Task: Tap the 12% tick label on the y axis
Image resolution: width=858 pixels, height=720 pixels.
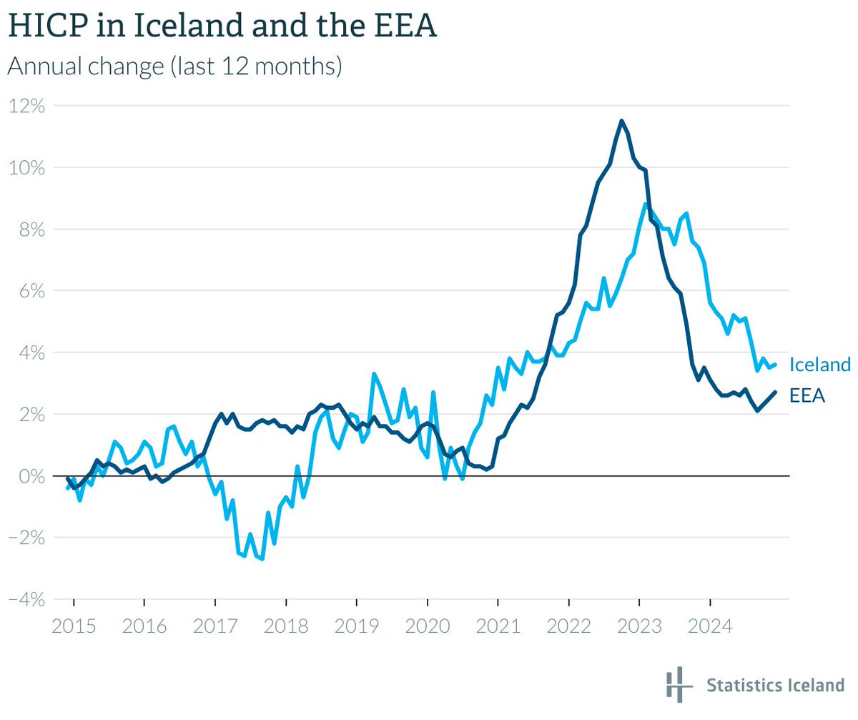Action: click(x=27, y=106)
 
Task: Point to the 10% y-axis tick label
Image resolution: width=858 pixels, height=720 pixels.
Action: click(x=27, y=167)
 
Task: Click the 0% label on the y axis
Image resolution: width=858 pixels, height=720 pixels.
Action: click(x=31, y=476)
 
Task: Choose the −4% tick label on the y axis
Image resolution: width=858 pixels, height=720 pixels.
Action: click(x=26, y=599)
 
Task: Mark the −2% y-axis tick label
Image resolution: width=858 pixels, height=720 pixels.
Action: click(x=26, y=538)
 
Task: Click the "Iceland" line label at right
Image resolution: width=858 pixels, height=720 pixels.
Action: click(x=820, y=365)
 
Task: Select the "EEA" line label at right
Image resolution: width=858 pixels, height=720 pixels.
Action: click(x=807, y=395)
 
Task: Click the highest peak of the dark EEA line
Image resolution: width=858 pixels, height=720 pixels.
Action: click(x=621, y=121)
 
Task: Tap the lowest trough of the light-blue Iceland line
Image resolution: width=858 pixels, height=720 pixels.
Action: click(x=262, y=558)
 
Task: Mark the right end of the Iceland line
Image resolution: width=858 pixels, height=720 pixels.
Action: click(x=775, y=365)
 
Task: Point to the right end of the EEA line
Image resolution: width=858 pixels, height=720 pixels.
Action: click(x=775, y=392)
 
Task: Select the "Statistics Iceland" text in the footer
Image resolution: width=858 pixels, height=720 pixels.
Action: click(x=775, y=686)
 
